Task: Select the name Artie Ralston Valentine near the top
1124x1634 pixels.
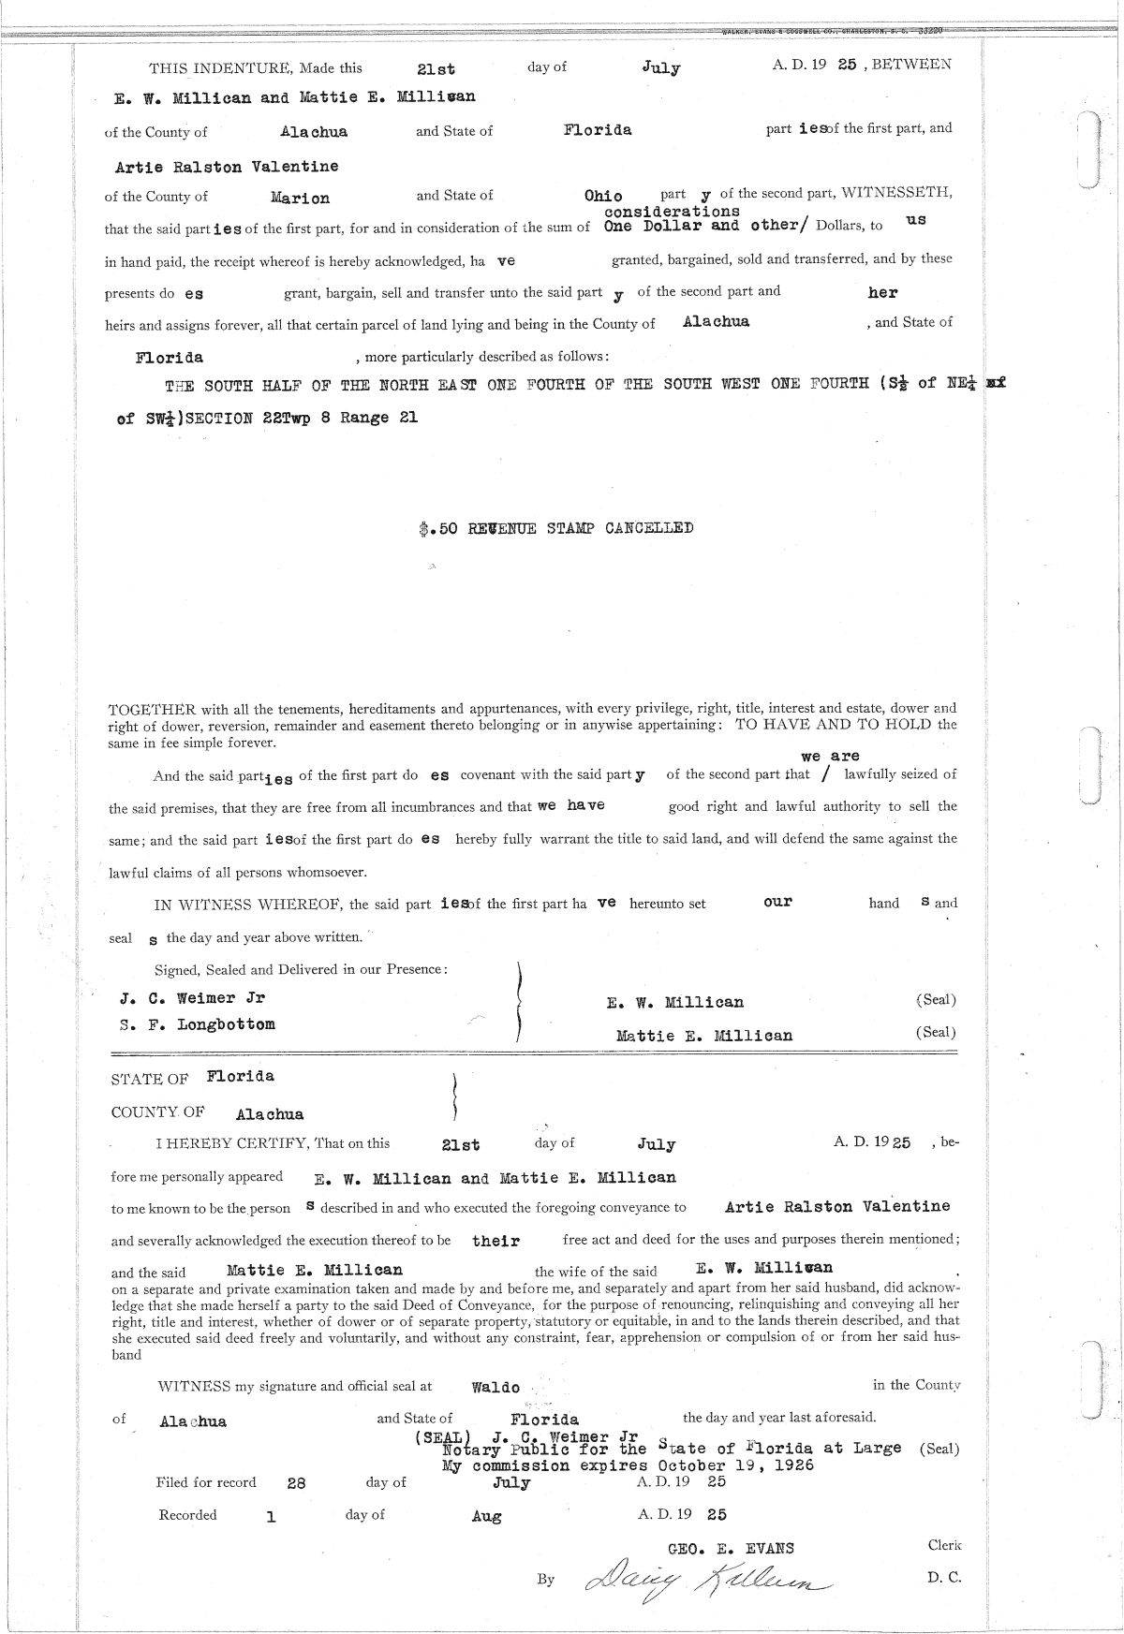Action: (x=226, y=167)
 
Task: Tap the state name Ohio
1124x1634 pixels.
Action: (x=602, y=196)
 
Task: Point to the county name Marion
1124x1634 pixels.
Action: (x=300, y=199)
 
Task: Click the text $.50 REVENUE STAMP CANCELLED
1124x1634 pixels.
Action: (x=557, y=528)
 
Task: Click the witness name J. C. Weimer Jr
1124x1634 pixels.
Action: (x=193, y=998)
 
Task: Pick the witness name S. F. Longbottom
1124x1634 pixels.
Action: (x=198, y=1024)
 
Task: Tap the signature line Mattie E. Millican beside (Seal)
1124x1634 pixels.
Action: (x=703, y=1036)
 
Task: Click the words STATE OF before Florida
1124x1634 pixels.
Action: (x=150, y=1079)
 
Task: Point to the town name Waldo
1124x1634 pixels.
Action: (x=495, y=1388)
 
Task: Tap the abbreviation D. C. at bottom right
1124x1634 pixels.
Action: (x=944, y=1577)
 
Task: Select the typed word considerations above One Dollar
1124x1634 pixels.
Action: (x=672, y=212)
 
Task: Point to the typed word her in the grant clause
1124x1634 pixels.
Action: (x=882, y=292)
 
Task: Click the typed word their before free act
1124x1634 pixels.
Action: (x=496, y=1241)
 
